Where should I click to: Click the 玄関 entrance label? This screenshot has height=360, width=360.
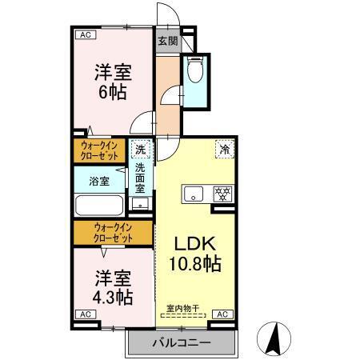[166, 41]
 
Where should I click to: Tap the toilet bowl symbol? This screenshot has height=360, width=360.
[194, 71]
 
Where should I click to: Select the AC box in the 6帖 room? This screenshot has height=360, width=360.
[84, 34]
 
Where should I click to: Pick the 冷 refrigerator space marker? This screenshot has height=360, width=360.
[225, 150]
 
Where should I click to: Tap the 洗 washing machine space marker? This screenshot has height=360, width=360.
[140, 150]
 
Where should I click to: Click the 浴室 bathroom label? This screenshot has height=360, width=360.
[98, 182]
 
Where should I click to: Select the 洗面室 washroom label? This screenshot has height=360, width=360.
[140, 180]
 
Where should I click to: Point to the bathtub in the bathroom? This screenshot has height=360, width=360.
[99, 205]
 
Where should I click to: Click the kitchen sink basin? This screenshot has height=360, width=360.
[195, 194]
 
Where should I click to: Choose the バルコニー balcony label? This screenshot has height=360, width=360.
[182, 343]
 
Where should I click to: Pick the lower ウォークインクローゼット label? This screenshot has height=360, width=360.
[112, 233]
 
